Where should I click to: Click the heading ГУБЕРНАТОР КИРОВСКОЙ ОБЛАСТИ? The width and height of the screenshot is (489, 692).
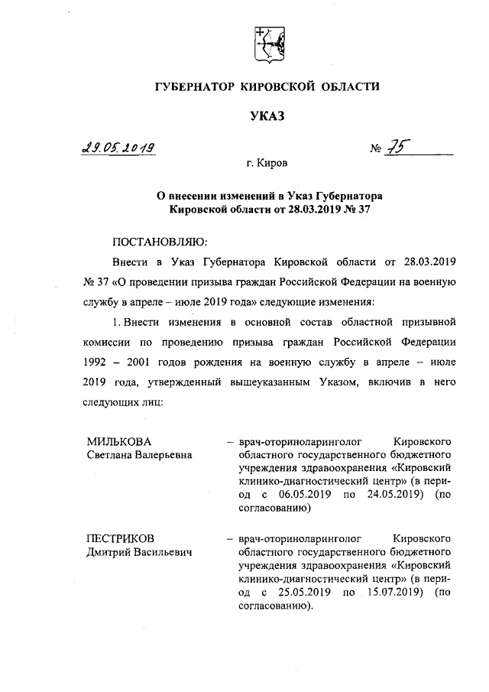pos(267,87)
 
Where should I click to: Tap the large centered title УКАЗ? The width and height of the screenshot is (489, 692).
pos(267,116)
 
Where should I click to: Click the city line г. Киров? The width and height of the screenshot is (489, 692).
pos(267,164)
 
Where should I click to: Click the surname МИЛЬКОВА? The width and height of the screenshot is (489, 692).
pos(119,441)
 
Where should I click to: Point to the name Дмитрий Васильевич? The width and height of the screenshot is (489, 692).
pos(138,552)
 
